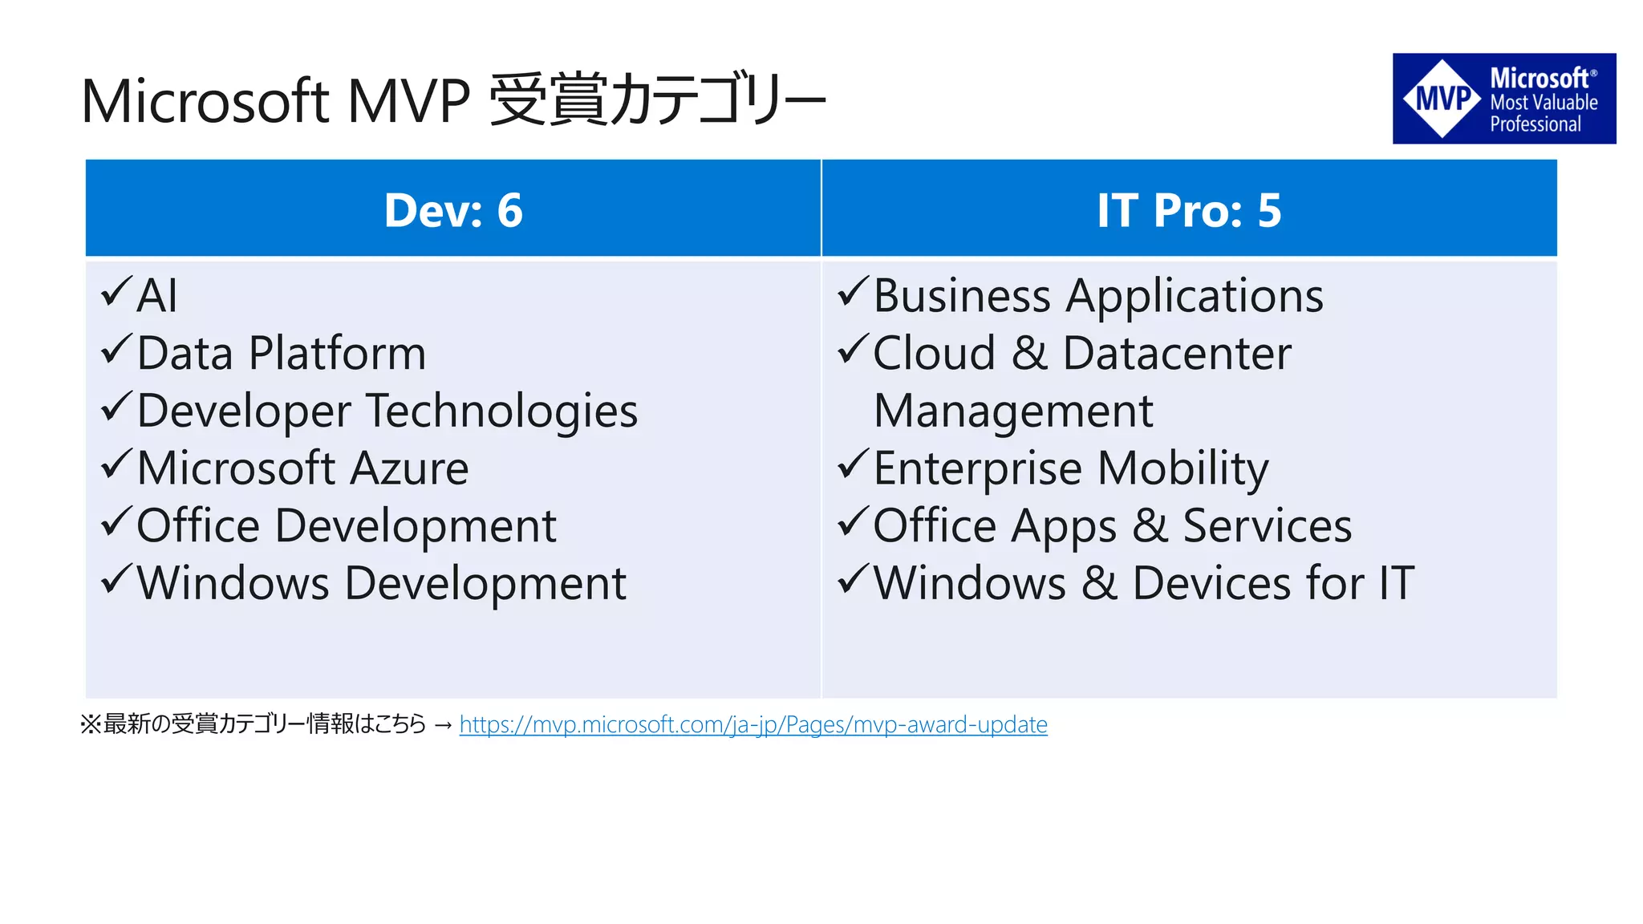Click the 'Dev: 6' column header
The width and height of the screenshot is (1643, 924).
pyautogui.click(x=453, y=210)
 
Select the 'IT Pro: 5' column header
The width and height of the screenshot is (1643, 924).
pyautogui.click(x=1189, y=210)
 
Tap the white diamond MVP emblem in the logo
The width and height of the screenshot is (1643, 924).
pyautogui.click(x=1442, y=99)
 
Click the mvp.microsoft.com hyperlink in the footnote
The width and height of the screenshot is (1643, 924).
pyautogui.click(x=753, y=724)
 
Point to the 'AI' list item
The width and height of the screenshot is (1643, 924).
pyautogui.click(x=157, y=295)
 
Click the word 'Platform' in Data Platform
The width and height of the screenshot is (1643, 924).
pyautogui.click(x=337, y=354)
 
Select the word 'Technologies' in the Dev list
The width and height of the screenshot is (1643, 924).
pyautogui.click(x=502, y=411)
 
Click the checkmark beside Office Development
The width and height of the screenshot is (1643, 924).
pyautogui.click(x=116, y=522)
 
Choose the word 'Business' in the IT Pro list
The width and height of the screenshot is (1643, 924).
pyautogui.click(x=962, y=296)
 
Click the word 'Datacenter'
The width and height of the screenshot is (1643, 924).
pyautogui.click(x=1177, y=354)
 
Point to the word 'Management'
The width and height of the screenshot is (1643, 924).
pyautogui.click(x=1013, y=411)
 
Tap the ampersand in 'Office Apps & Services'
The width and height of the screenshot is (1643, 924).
pyautogui.click(x=1150, y=526)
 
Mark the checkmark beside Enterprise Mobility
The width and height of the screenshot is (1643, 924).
pyautogui.click(x=853, y=464)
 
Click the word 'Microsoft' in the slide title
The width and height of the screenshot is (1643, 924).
pyautogui.click(x=205, y=102)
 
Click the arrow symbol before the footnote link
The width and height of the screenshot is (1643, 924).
pyautogui.click(x=443, y=725)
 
